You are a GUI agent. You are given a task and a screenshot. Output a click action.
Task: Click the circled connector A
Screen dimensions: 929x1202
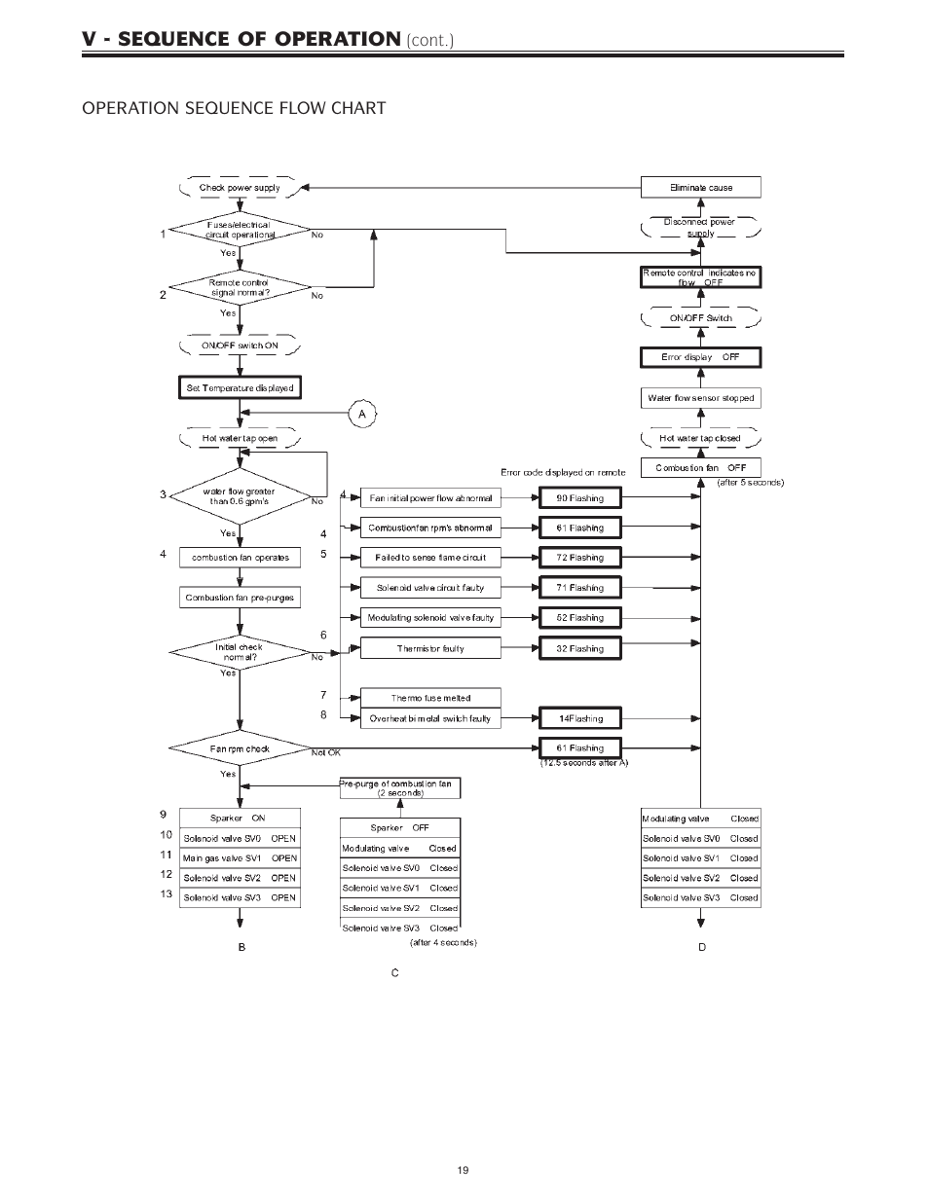click(x=362, y=414)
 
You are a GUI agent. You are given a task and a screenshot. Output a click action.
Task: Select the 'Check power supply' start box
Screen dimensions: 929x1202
click(x=240, y=188)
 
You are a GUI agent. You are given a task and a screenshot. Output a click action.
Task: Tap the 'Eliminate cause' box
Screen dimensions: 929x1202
click(x=700, y=188)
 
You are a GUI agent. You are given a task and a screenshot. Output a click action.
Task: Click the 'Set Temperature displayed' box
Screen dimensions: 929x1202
click(x=240, y=387)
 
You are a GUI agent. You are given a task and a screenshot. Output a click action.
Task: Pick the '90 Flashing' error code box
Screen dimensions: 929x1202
click(x=579, y=498)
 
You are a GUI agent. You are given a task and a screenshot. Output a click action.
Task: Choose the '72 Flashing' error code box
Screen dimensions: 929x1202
click(x=579, y=558)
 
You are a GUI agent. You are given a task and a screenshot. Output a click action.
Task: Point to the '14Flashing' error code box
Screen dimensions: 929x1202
click(x=579, y=718)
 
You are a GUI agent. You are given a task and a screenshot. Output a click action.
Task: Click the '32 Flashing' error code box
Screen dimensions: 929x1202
click(x=579, y=648)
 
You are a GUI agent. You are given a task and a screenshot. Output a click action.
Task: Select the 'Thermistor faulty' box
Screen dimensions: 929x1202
click(x=430, y=648)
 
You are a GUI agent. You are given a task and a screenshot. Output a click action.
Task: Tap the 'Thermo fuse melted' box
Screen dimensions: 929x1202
click(x=430, y=698)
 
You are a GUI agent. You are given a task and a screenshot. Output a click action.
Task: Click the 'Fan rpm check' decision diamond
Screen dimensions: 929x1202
click(x=240, y=748)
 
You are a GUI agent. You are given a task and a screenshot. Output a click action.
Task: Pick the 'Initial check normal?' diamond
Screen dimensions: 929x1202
click(x=240, y=653)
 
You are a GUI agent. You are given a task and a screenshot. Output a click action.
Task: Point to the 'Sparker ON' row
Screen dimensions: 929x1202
click(x=240, y=819)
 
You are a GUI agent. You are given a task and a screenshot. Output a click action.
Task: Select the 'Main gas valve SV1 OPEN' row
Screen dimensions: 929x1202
click(x=240, y=857)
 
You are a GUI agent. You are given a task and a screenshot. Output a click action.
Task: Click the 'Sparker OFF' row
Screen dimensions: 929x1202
click(x=399, y=827)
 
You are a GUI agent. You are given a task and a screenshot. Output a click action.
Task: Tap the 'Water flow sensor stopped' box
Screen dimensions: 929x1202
click(x=700, y=398)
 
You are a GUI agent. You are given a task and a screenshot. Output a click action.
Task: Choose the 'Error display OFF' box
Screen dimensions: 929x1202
click(x=700, y=357)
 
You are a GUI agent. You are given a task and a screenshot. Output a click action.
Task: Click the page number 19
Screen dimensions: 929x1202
click(x=464, y=1170)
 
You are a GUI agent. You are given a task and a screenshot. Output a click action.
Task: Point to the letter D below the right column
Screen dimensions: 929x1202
click(x=702, y=947)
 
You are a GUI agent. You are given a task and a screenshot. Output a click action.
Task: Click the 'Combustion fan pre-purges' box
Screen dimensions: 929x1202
click(x=240, y=598)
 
